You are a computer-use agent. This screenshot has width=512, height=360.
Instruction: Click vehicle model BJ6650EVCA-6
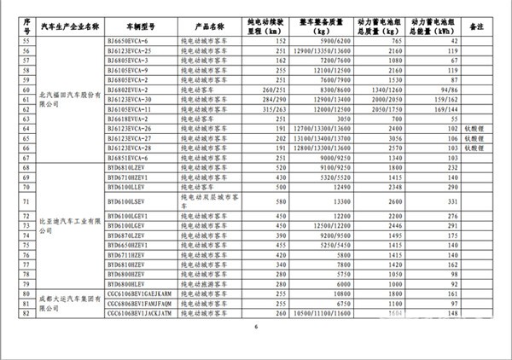point(128,41)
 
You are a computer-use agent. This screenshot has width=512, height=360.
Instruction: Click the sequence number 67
point(24,157)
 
